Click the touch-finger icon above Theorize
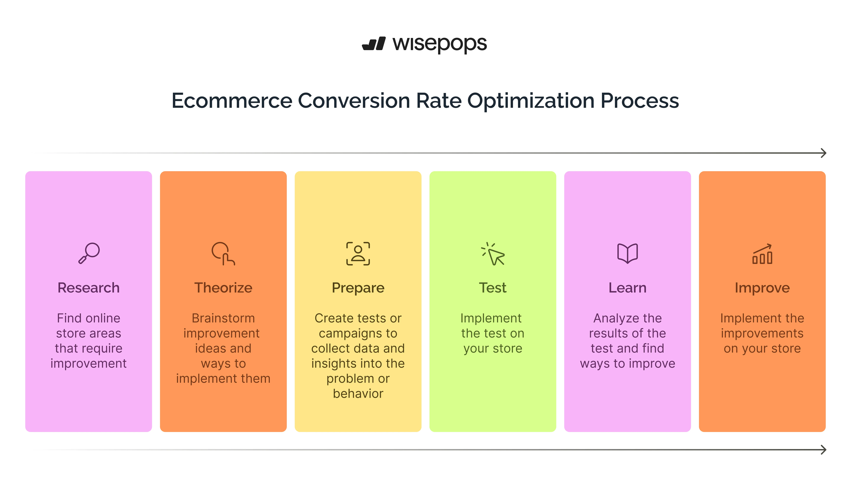click(223, 254)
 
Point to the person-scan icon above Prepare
click(358, 254)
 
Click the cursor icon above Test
click(493, 254)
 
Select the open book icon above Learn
click(627, 254)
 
